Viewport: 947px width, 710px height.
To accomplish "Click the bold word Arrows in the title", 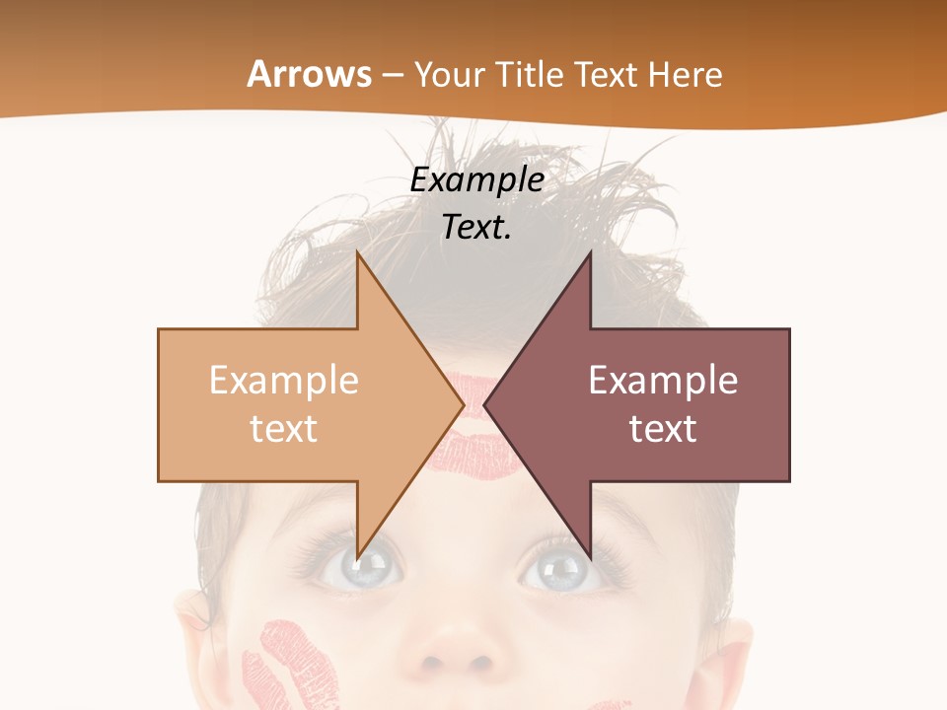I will (310, 74).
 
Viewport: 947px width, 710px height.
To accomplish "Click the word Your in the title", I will (449, 75).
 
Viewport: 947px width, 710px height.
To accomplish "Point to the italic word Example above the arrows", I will (476, 180).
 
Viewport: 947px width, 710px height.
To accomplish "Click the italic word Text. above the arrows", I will (476, 227).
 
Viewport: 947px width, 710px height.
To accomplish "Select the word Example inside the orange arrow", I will (283, 380).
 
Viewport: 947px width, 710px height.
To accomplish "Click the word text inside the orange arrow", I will (283, 428).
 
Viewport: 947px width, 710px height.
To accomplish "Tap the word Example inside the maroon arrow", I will (663, 380).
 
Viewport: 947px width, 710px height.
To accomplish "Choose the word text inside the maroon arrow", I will (663, 428).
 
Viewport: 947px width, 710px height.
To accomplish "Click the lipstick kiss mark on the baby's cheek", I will (296, 666).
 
